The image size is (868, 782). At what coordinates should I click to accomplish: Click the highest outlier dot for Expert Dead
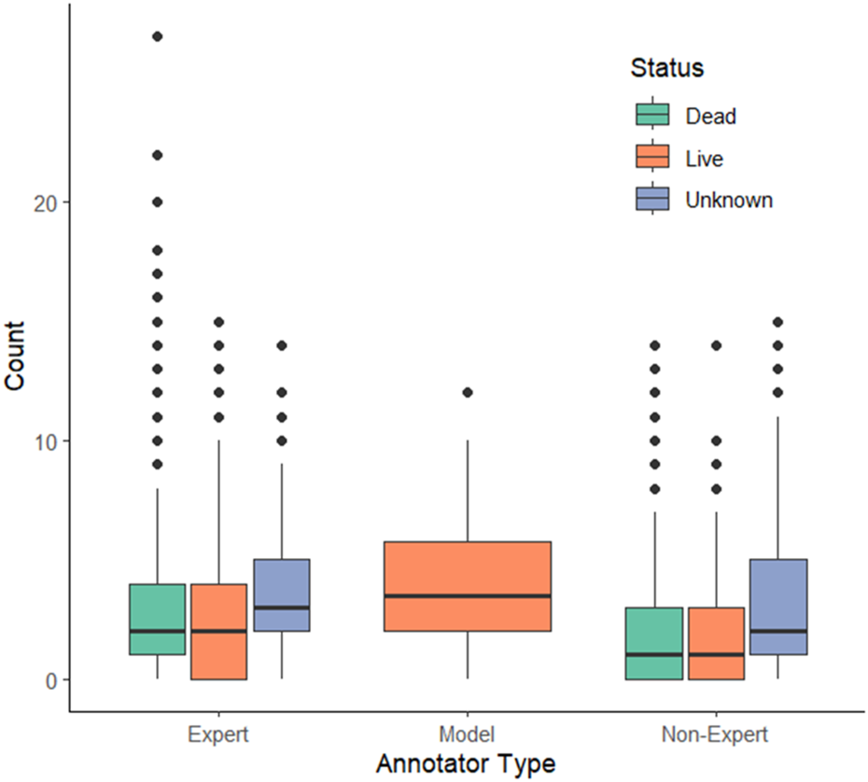[158, 36]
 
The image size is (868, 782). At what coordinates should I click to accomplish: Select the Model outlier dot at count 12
[468, 392]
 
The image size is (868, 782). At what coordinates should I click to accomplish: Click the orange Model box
[468, 586]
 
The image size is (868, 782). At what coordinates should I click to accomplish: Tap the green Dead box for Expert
[158, 619]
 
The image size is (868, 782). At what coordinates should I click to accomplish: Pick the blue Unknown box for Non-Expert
[777, 607]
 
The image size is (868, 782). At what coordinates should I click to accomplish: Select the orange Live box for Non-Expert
[716, 643]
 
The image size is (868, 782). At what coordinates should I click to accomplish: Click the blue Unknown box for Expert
[281, 595]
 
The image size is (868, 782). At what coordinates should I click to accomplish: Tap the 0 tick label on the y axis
[53, 679]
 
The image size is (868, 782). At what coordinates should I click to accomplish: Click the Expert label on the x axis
[218, 734]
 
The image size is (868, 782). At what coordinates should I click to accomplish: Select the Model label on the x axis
[468, 734]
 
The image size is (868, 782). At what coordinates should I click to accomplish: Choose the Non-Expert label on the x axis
[716, 734]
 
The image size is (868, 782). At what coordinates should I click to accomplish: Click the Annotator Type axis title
[466, 763]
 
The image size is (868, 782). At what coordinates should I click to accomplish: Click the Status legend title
[666, 68]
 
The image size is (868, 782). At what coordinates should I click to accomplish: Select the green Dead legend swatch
[652, 116]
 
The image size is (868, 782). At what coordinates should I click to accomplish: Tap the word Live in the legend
[704, 159]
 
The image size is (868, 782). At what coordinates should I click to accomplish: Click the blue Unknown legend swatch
[652, 200]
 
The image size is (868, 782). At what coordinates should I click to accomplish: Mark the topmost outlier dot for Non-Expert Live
[716, 345]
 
